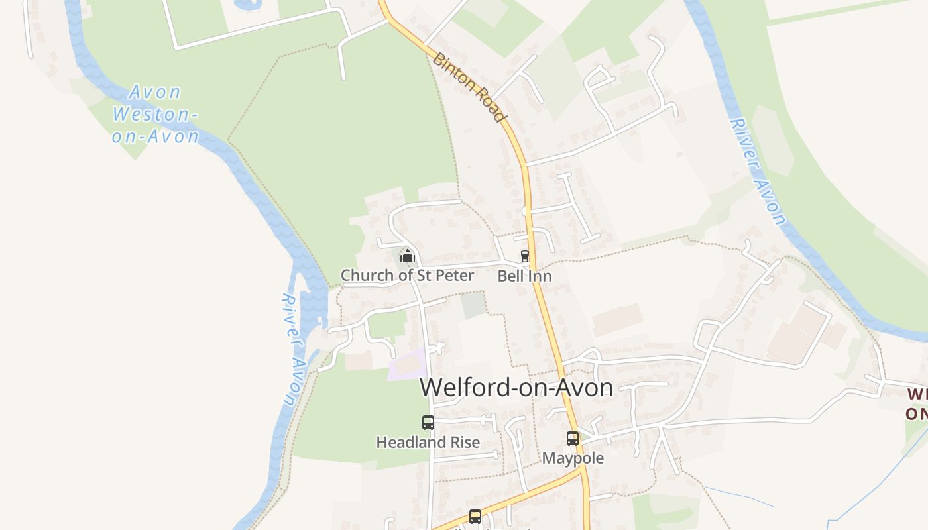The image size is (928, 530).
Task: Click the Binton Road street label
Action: click(469, 87)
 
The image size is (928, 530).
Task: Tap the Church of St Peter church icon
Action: click(407, 255)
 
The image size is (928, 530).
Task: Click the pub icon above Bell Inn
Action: click(525, 256)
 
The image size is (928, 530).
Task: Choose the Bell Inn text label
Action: click(524, 276)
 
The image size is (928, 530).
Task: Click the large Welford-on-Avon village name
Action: click(516, 388)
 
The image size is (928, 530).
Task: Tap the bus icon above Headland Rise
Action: click(428, 422)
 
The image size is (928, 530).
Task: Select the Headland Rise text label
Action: click(428, 442)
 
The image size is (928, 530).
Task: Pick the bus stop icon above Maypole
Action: click(573, 438)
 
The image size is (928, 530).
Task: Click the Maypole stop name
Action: click(573, 458)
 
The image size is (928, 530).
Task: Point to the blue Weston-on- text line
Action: click(154, 114)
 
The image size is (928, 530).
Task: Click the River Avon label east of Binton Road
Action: click(758, 171)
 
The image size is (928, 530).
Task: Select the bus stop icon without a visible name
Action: click(475, 516)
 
